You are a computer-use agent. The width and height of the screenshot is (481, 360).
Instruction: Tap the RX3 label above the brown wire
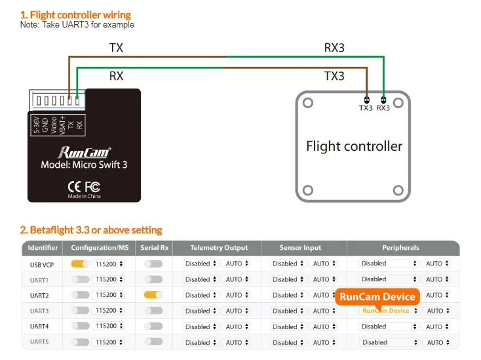(334, 47)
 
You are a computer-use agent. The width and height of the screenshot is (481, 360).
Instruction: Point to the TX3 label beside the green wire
(334, 76)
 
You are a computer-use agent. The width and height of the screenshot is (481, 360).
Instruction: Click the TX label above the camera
(116, 47)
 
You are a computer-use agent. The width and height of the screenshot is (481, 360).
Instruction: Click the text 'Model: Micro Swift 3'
(84, 165)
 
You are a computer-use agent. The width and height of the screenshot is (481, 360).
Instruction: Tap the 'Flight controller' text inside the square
(354, 146)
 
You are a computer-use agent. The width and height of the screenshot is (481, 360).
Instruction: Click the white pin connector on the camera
(57, 101)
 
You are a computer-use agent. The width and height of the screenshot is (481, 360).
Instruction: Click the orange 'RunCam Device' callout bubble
(377, 296)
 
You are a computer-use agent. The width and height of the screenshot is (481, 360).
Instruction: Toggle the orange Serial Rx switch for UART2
(153, 295)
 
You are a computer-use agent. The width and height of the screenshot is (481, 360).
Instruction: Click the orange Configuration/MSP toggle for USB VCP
(80, 264)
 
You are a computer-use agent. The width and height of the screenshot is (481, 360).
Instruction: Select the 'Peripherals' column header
(400, 248)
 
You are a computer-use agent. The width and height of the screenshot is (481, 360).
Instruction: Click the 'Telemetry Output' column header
(219, 248)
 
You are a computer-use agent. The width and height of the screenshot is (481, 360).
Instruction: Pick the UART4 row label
(39, 327)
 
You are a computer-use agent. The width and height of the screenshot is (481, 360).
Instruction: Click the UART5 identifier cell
(39, 342)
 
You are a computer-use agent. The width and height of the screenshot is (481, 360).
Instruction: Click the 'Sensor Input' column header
(301, 248)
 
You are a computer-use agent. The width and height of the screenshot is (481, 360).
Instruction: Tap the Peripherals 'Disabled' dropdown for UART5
(389, 342)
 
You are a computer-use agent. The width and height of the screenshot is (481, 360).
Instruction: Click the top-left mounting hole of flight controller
(306, 103)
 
